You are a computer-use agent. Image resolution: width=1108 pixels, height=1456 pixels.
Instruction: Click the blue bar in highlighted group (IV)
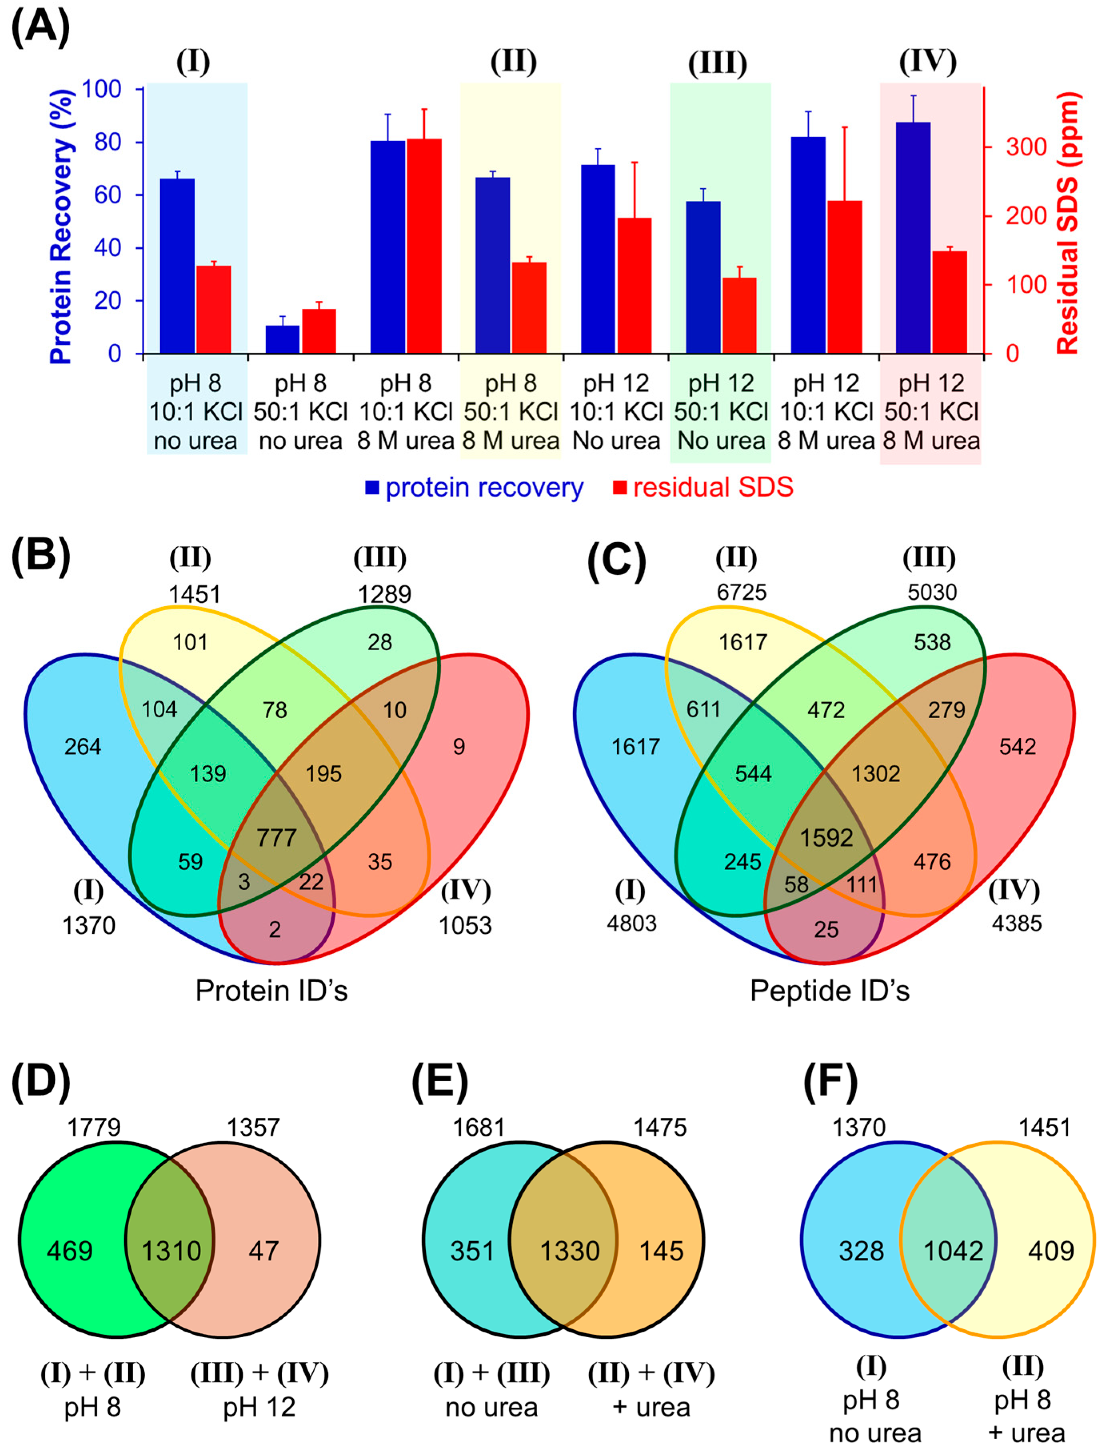pyautogui.click(x=913, y=238)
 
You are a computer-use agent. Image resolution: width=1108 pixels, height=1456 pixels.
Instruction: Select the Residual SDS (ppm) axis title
pyautogui.click(x=1067, y=223)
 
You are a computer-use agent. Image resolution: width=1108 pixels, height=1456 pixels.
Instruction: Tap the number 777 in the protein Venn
pyautogui.click(x=276, y=838)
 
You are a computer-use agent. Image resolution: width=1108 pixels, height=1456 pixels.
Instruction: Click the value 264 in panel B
pyautogui.click(x=83, y=747)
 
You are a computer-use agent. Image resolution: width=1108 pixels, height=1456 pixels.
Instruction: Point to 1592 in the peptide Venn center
pyautogui.click(x=826, y=838)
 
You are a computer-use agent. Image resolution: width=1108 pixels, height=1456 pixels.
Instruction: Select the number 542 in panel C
pyautogui.click(x=1017, y=747)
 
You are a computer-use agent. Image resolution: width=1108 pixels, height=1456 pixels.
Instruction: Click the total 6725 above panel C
pyautogui.click(x=742, y=592)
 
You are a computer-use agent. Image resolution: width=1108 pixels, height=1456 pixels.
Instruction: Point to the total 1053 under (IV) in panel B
pyautogui.click(x=466, y=926)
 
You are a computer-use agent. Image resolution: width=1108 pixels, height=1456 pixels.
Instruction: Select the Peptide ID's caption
pyautogui.click(x=830, y=991)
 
